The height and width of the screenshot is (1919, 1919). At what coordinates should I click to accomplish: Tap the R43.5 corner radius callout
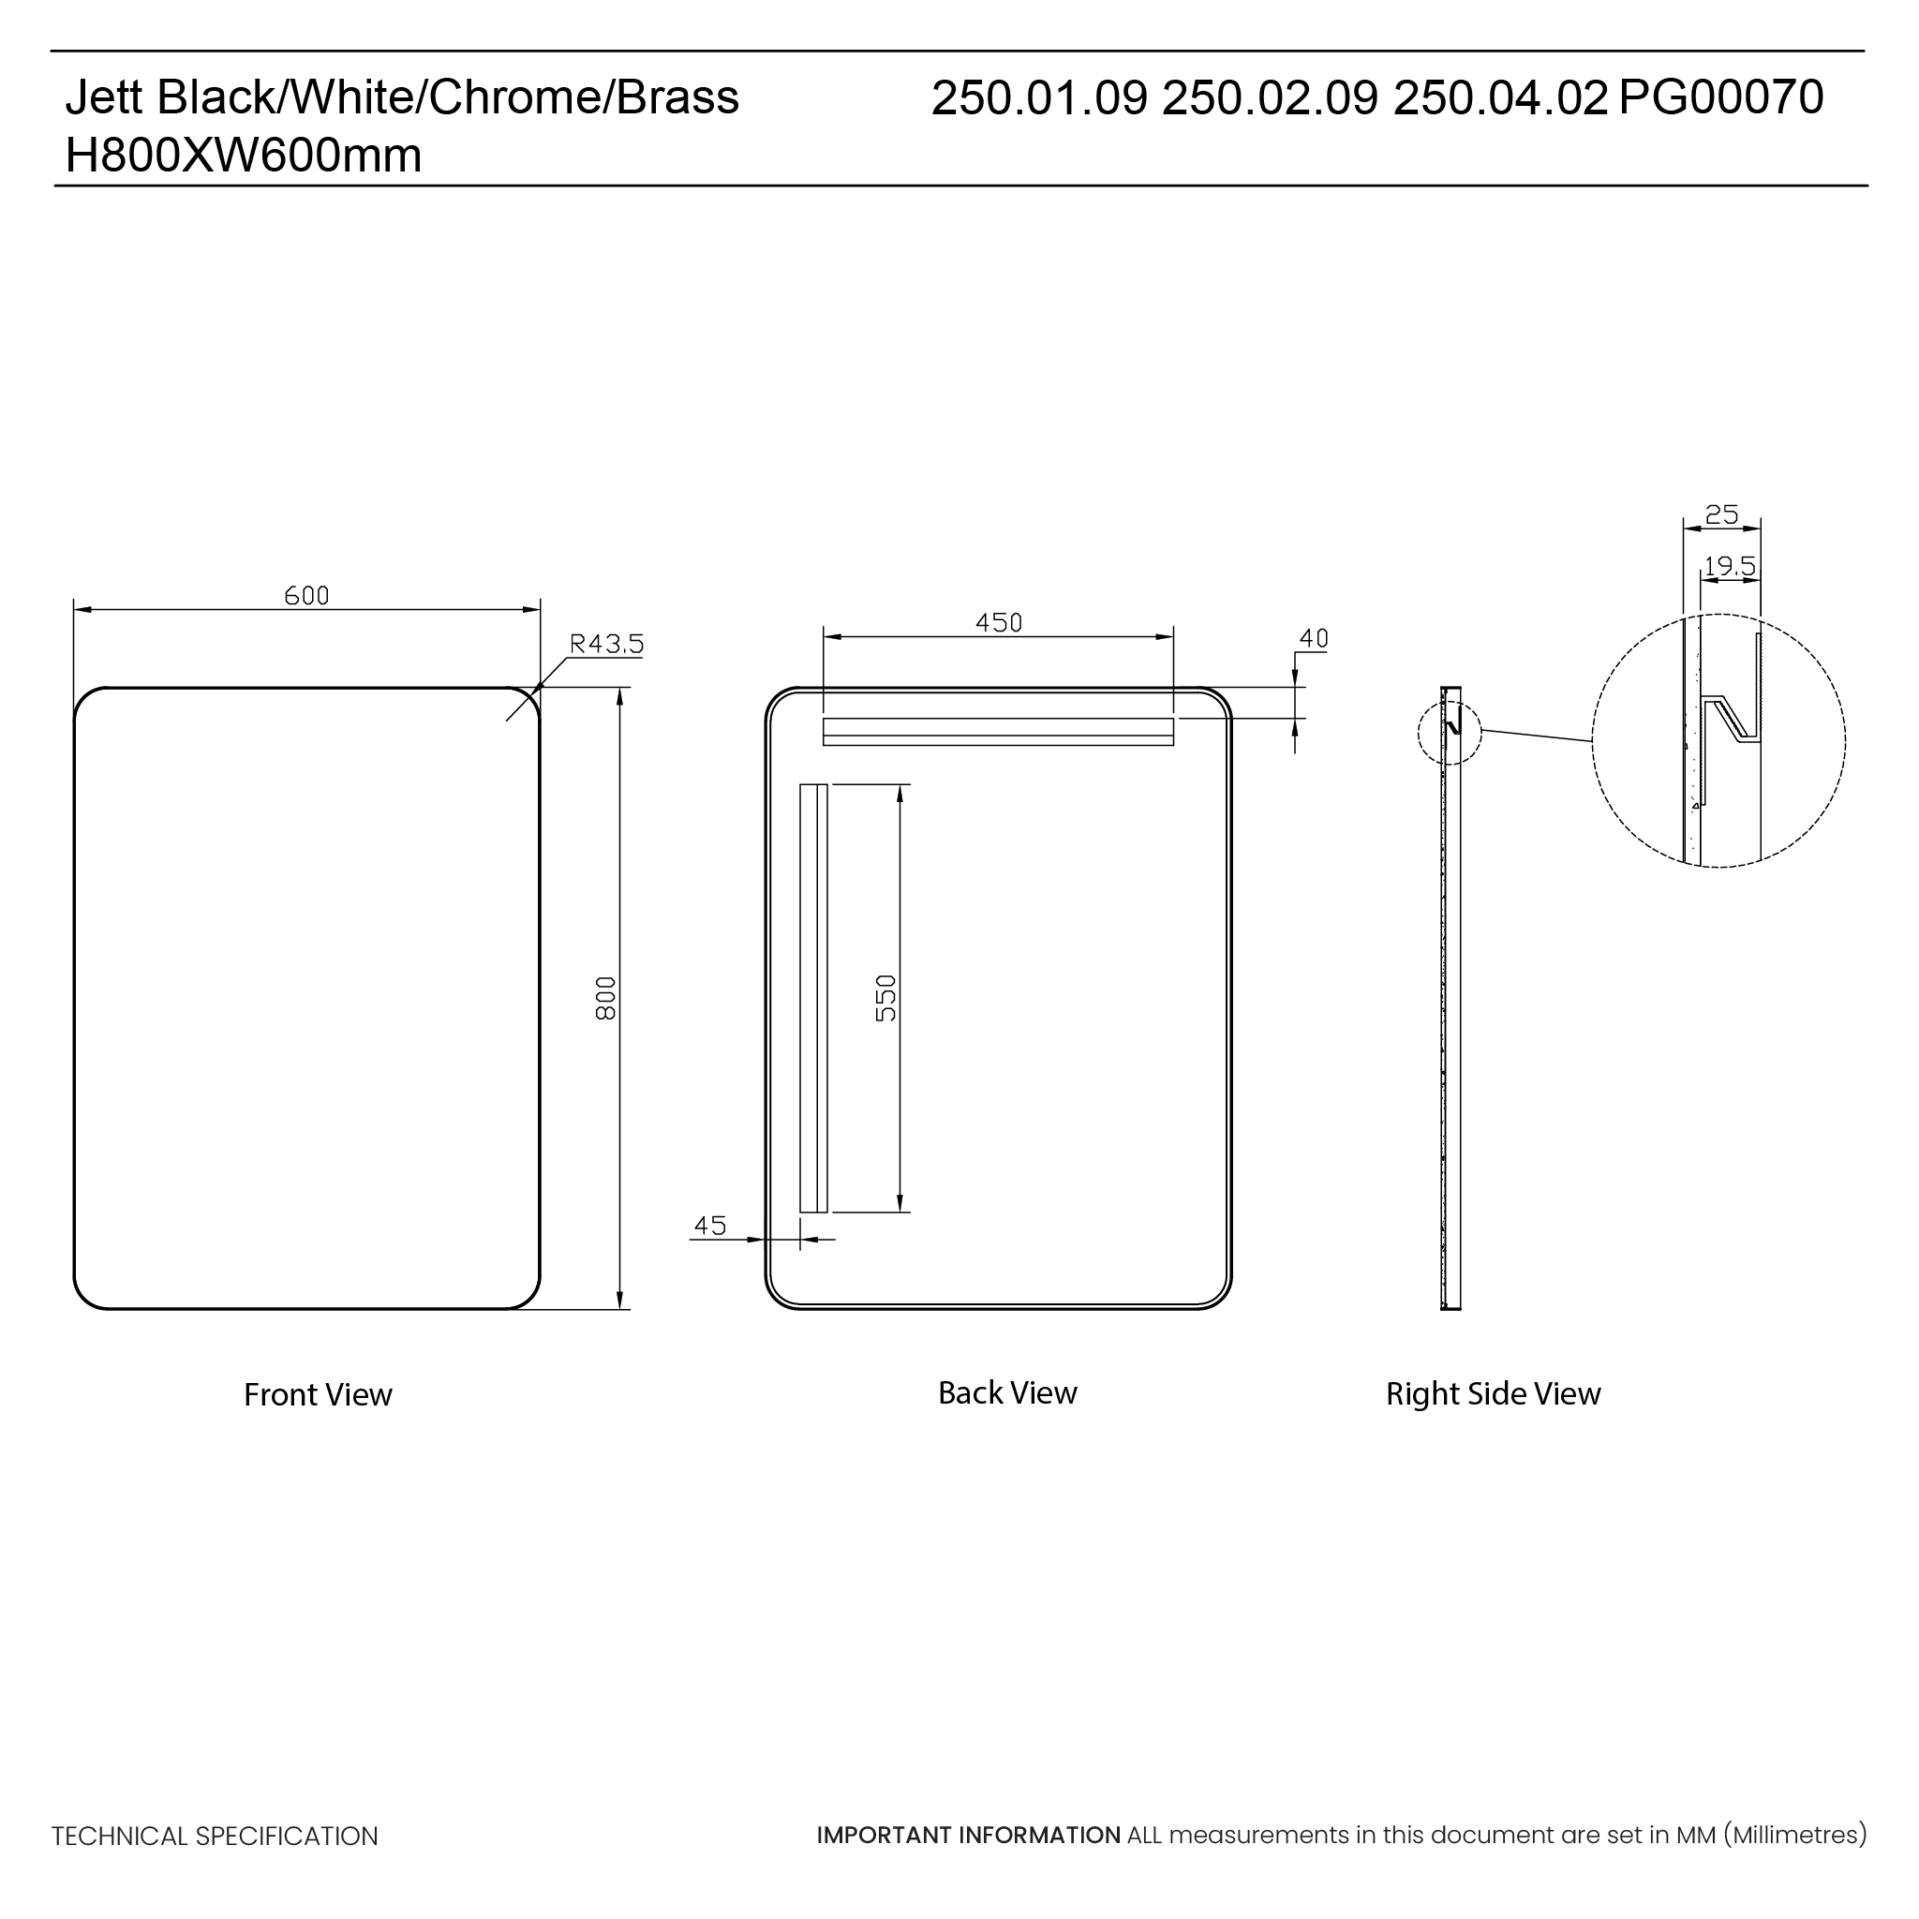pos(606,644)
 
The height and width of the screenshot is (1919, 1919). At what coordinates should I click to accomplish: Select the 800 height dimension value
pos(606,997)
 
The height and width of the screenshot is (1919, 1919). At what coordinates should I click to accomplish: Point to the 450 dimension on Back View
pos(998,623)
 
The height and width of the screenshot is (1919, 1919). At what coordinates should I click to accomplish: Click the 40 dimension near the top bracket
pos(1313,639)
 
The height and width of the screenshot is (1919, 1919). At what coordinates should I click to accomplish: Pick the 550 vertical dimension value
pos(886,997)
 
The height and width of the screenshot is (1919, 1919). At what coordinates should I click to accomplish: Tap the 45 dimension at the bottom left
pos(710,1225)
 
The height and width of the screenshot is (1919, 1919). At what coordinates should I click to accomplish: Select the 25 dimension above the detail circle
pos(1721,514)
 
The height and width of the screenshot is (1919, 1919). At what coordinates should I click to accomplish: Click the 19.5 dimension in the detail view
pos(1730,566)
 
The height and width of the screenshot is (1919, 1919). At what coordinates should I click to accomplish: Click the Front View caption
pos(318,1394)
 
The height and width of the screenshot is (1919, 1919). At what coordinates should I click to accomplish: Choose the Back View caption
pos(1007,1392)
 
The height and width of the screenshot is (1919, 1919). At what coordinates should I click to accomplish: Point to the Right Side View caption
pos(1493,1393)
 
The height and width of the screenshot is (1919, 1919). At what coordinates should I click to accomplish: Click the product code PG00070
pos(1720,97)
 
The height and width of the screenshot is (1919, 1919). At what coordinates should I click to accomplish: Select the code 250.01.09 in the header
pos(1039,97)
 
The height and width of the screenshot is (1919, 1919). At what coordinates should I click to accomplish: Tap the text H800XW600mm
pos(244,155)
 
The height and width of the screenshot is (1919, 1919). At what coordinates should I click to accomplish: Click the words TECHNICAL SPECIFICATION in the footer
pos(215,1836)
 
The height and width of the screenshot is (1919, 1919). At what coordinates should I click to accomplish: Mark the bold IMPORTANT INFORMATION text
pos(969,1835)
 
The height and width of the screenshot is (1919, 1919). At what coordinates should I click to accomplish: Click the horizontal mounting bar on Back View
pos(998,731)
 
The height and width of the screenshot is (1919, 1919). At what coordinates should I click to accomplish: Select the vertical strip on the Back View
pos(813,997)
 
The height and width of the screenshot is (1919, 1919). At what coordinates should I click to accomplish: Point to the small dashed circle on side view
pos(1450,733)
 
